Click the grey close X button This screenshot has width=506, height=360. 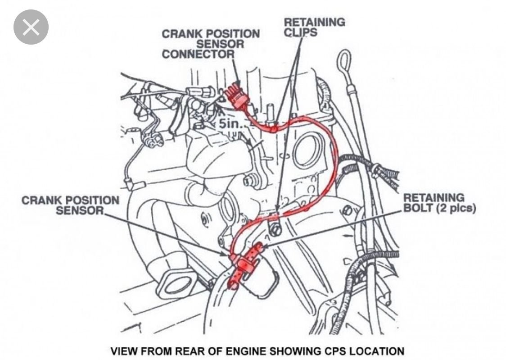(x=31, y=27)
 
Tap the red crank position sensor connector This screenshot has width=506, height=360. (x=236, y=96)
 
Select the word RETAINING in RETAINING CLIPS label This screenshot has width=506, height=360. (x=314, y=22)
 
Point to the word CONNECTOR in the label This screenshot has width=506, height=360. (x=198, y=54)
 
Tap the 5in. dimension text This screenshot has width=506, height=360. (x=230, y=123)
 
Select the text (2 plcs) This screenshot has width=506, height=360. (x=456, y=208)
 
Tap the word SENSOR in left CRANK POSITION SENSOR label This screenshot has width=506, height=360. (x=80, y=210)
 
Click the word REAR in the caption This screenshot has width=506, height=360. (x=192, y=351)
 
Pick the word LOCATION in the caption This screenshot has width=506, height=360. (x=376, y=351)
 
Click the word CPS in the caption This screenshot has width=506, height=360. (x=334, y=351)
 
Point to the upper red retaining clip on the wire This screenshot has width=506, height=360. (x=273, y=128)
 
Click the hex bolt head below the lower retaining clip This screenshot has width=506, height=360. (x=275, y=229)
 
